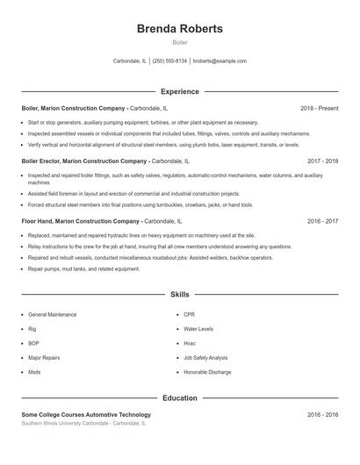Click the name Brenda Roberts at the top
click(180, 29)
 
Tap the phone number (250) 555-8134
click(169, 61)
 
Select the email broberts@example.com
click(220, 61)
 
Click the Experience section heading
click(180, 91)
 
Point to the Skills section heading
click(180, 296)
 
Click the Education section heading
click(180, 397)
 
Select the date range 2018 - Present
click(319, 108)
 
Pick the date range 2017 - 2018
click(322, 161)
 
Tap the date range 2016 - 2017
click(322, 221)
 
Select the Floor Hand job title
click(39, 221)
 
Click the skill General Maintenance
click(52, 314)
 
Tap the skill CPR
click(190, 314)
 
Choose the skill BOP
click(33, 343)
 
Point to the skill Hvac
click(190, 343)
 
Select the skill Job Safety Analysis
click(205, 358)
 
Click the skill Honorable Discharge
click(206, 372)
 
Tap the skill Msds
click(34, 372)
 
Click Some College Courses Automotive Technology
click(86, 414)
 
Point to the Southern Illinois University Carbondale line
click(83, 423)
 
